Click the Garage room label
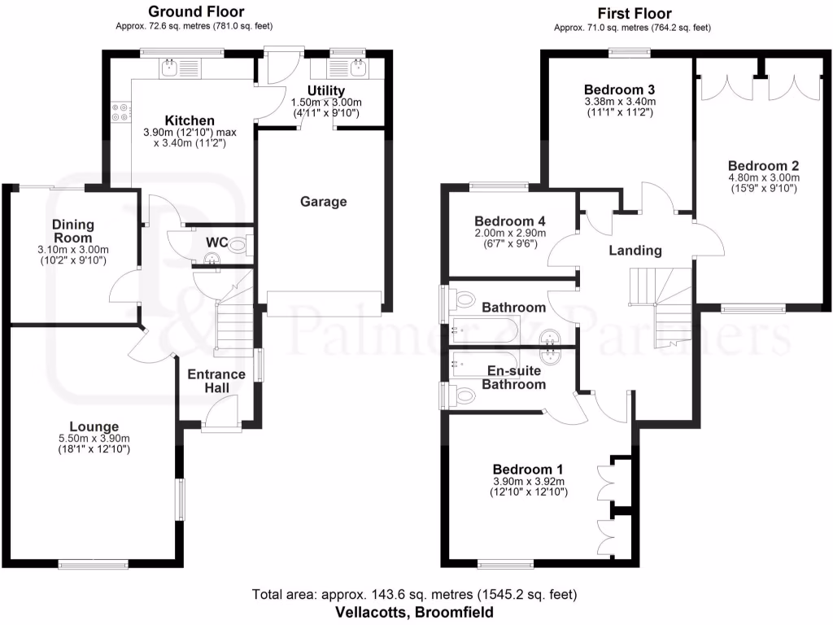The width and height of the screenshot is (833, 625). (x=323, y=202)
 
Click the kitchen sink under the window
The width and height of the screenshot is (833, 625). (x=172, y=68)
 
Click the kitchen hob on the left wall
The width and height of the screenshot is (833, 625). (x=121, y=111)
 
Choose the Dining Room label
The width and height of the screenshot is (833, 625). (x=73, y=230)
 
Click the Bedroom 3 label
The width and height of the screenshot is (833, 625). (x=620, y=90)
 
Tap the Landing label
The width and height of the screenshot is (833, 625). (x=635, y=251)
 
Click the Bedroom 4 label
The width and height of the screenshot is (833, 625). (x=509, y=221)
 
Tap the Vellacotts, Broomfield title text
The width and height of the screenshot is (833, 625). (x=416, y=611)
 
